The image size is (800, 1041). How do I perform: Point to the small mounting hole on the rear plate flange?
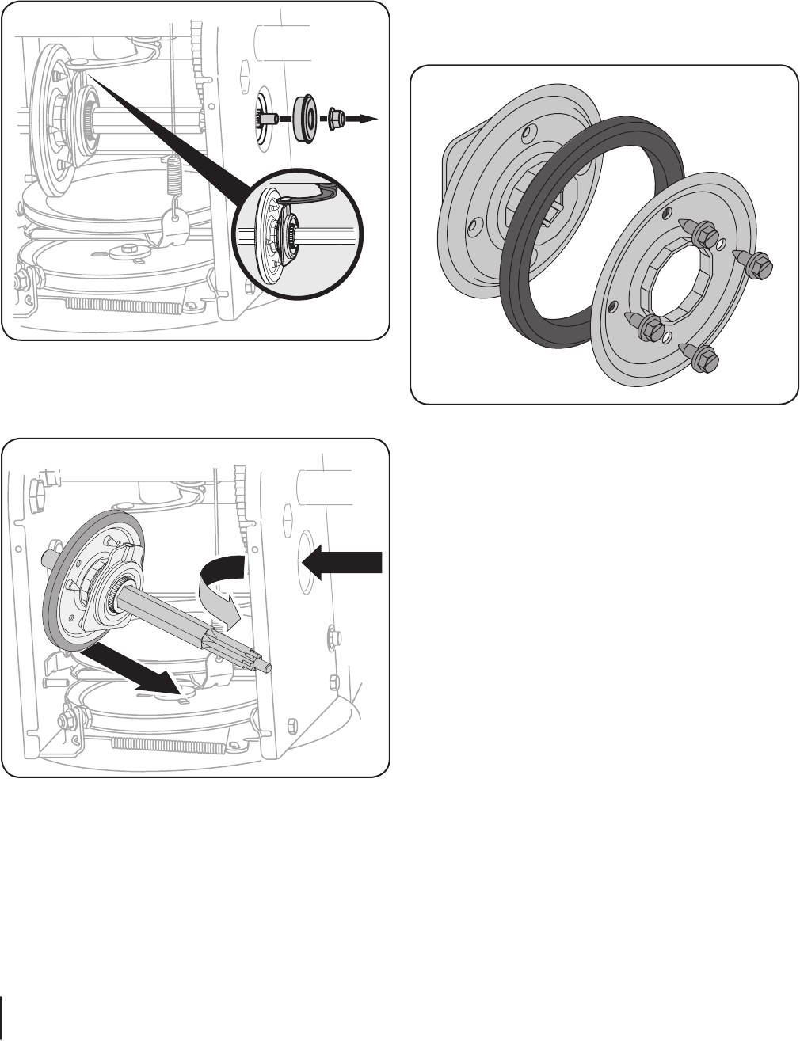pyautogui.click(x=474, y=227)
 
